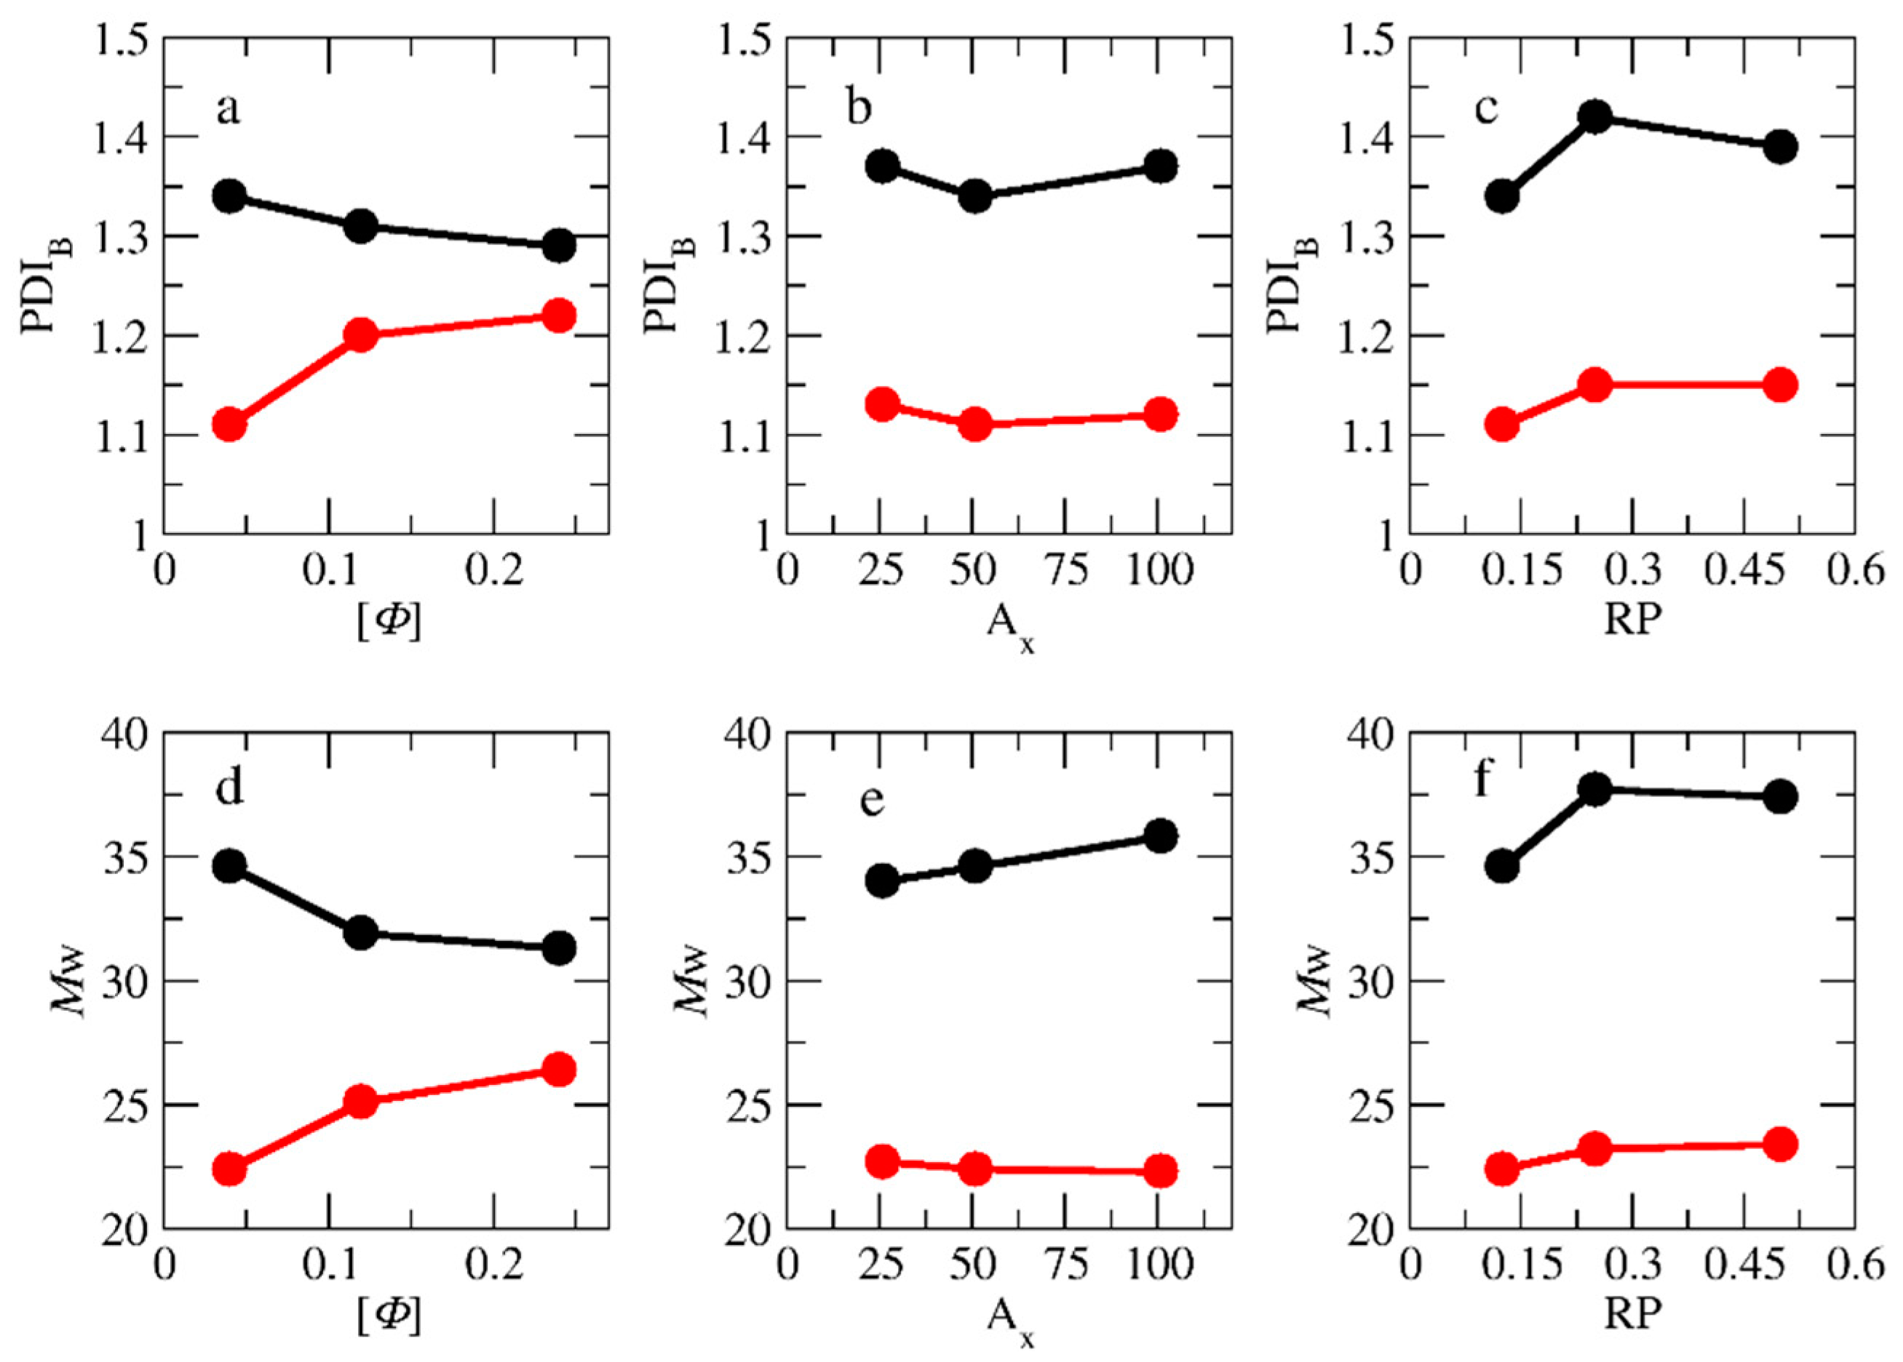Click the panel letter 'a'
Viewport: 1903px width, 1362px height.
point(227,110)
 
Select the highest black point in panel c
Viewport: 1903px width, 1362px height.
point(1595,116)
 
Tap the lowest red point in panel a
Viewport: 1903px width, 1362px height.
point(229,425)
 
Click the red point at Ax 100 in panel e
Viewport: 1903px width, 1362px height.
point(1161,1169)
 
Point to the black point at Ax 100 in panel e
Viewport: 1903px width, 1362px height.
point(1161,836)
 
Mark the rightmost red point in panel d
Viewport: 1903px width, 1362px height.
point(559,1069)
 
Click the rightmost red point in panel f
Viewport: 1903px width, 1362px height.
point(1781,1144)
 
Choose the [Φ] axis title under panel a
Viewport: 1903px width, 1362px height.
point(389,622)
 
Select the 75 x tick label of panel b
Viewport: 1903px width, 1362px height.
point(1068,572)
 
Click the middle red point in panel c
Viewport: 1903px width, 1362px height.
point(1595,385)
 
